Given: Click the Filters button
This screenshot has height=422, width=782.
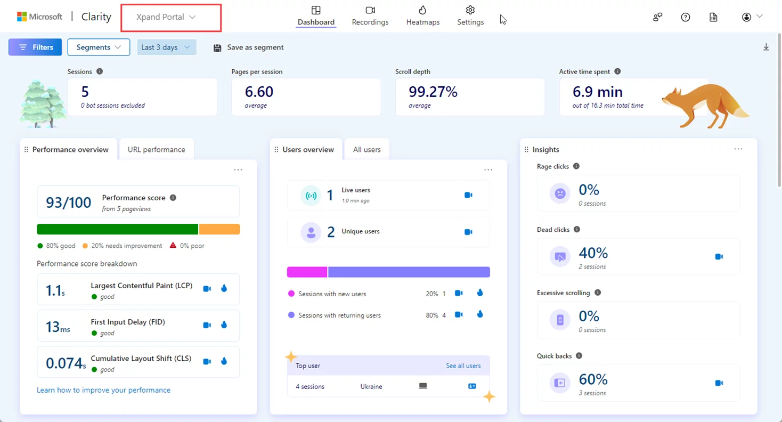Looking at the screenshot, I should pyautogui.click(x=35, y=47).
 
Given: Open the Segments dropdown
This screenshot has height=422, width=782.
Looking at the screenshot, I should pyautogui.click(x=99, y=47).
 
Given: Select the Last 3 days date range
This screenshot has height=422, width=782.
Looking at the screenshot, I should pyautogui.click(x=166, y=47).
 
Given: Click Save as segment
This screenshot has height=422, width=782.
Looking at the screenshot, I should pyautogui.click(x=248, y=47).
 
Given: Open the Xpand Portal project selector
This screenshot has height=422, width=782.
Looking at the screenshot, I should pyautogui.click(x=166, y=17).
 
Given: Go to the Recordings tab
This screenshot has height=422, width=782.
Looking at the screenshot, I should pyautogui.click(x=370, y=16).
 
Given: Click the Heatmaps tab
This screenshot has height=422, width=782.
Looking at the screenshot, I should pyautogui.click(x=422, y=16).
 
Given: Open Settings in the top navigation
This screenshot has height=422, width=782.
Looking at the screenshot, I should pyautogui.click(x=470, y=16).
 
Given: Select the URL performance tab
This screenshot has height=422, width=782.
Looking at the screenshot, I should pyautogui.click(x=156, y=150).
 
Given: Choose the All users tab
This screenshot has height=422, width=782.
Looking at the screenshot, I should pyautogui.click(x=366, y=150).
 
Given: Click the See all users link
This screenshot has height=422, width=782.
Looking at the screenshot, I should pyautogui.click(x=463, y=366).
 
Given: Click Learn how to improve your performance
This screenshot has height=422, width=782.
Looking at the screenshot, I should pyautogui.click(x=103, y=390).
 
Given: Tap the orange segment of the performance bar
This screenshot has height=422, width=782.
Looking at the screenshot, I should pyautogui.click(x=219, y=229).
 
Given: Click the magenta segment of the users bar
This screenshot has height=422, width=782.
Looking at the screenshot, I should pyautogui.click(x=307, y=272).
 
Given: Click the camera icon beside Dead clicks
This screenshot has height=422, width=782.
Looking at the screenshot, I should pyautogui.click(x=719, y=257).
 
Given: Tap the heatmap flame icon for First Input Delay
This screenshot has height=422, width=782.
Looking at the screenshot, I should pyautogui.click(x=224, y=325).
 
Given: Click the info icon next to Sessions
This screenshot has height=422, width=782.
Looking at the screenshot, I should pyautogui.click(x=100, y=71).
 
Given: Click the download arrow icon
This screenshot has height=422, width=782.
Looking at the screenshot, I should pyautogui.click(x=766, y=47).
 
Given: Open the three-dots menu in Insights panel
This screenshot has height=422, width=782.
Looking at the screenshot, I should pyautogui.click(x=738, y=149).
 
